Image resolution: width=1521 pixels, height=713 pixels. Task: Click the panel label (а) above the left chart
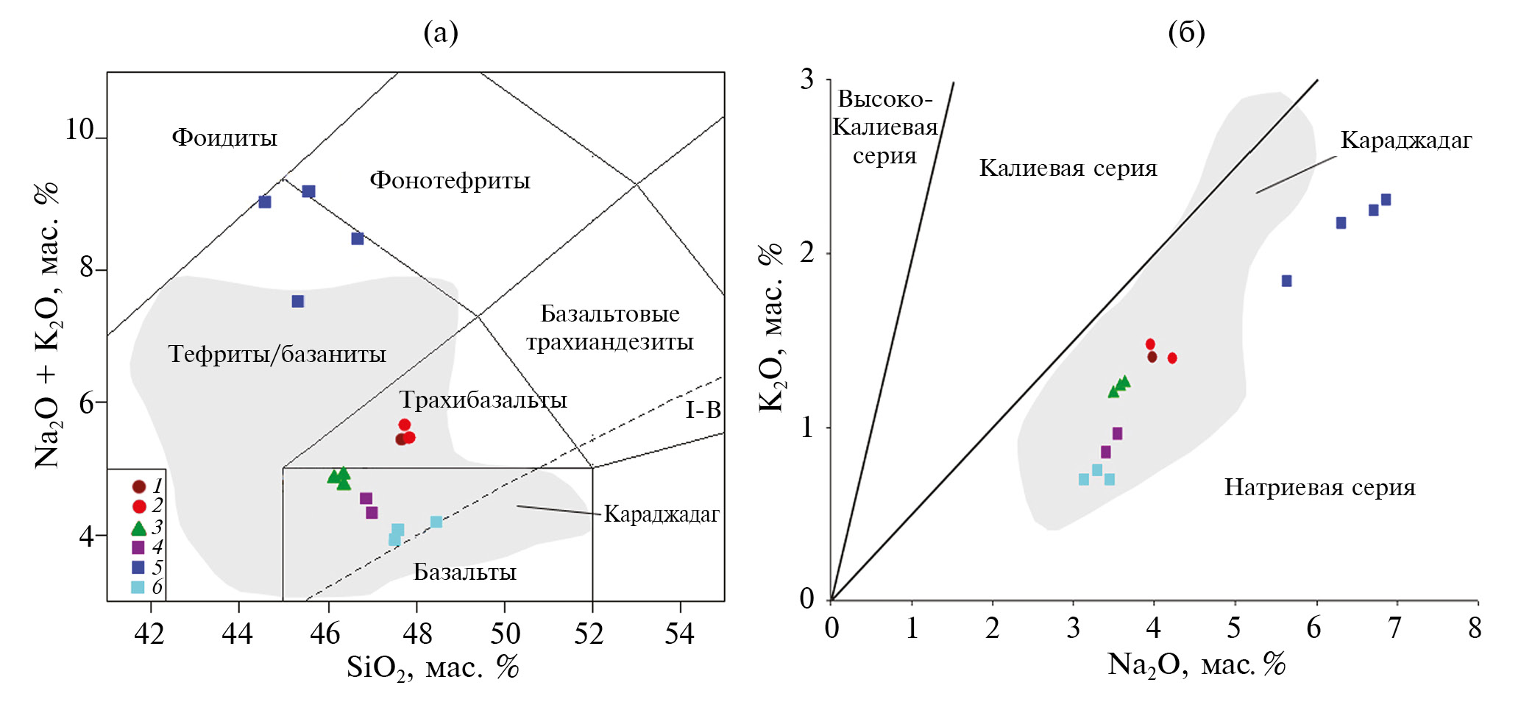point(440,32)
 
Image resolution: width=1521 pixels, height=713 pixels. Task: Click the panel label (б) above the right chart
point(1186,32)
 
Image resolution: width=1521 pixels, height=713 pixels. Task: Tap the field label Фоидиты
point(224,138)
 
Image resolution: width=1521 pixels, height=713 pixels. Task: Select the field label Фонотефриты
point(450,180)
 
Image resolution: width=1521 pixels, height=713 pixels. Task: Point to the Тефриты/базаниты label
point(277,354)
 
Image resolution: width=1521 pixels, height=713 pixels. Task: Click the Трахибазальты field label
point(483,400)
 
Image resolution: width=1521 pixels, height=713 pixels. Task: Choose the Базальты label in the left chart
point(464,572)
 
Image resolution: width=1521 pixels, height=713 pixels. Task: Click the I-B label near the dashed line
point(703,410)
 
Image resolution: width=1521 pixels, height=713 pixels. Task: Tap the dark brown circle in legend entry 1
point(138,486)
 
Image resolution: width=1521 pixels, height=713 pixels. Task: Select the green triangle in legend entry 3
point(138,528)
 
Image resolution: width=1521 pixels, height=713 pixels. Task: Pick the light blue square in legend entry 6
point(138,587)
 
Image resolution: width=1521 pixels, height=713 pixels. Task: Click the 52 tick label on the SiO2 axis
point(589,633)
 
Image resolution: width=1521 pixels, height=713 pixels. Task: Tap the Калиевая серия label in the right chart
point(1068,168)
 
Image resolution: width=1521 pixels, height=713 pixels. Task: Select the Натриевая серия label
point(1319,487)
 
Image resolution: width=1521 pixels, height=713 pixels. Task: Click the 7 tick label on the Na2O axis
point(1394,628)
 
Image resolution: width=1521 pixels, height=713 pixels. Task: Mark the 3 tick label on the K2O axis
point(808,79)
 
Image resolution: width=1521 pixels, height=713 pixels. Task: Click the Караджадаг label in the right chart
point(1405,140)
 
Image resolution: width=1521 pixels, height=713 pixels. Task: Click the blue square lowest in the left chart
point(298,301)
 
